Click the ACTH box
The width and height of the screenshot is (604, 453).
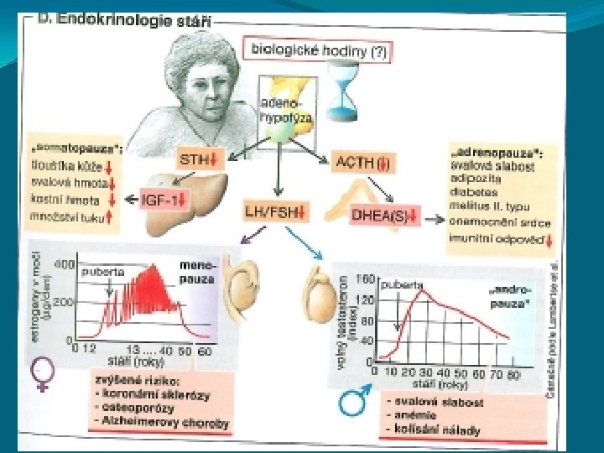tap(363, 162)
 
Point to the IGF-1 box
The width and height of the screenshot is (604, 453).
tap(165, 200)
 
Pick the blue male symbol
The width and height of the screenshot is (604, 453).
tap(350, 404)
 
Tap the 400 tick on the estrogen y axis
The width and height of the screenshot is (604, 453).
tap(64, 266)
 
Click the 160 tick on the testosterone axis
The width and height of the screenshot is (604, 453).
tap(364, 279)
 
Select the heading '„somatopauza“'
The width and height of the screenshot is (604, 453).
tap(75, 148)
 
